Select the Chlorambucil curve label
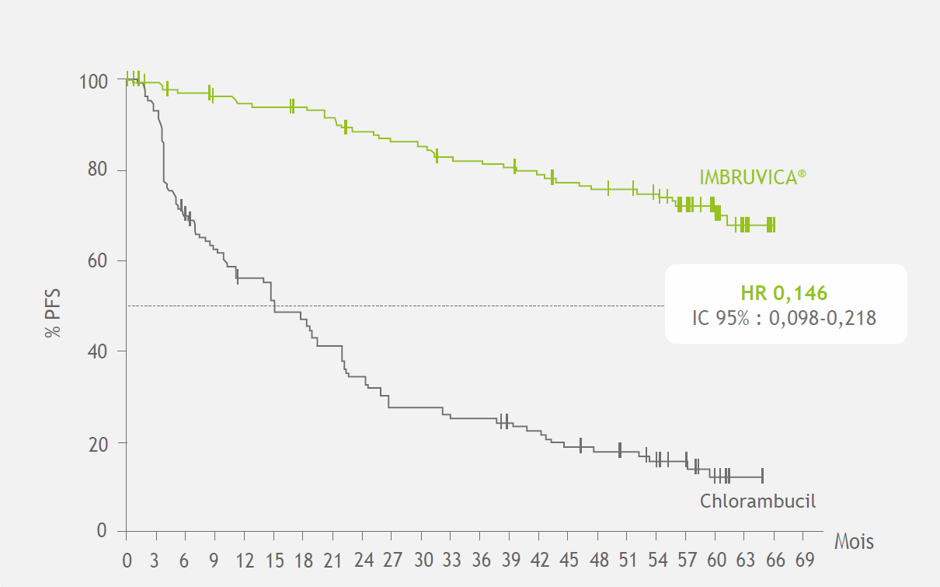(758, 501)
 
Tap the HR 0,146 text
(785, 293)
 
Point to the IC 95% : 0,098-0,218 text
(785, 317)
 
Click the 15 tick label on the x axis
(274, 561)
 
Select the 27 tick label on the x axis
(393, 561)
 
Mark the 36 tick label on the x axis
(482, 561)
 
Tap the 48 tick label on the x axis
(599, 561)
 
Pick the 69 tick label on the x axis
(805, 561)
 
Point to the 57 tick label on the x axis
(688, 561)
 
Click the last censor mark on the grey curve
(762, 476)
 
